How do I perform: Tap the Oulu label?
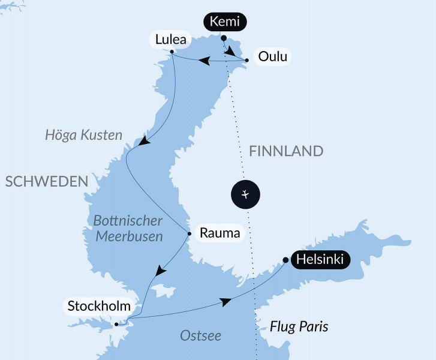point(273,58)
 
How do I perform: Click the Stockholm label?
point(99,307)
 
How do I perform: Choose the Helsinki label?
point(320,260)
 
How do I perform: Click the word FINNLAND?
point(286,151)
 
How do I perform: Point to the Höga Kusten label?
point(83,135)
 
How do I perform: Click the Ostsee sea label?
point(200,335)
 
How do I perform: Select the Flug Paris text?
point(299,327)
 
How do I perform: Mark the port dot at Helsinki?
point(285,260)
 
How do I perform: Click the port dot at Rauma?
point(190,233)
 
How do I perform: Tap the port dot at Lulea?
point(172,52)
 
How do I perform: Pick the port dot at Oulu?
point(247,61)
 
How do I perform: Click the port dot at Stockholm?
point(116,324)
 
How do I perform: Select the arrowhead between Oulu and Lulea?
point(205,61)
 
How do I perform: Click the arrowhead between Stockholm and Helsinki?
point(225,302)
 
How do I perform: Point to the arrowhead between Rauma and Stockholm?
point(160,271)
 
